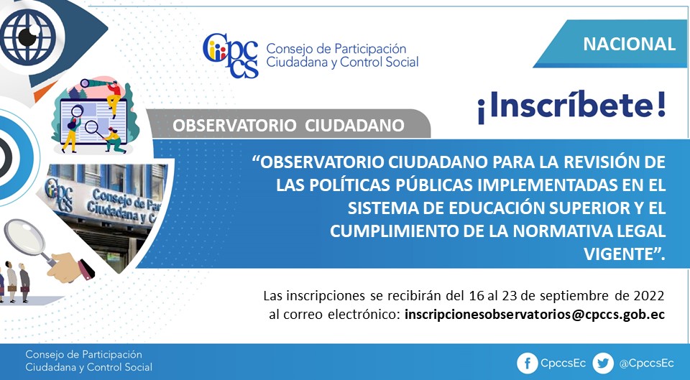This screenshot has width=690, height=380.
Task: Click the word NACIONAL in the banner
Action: (x=630, y=44)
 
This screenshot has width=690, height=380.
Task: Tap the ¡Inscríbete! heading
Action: (x=571, y=106)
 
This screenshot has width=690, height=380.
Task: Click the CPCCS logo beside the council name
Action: (x=230, y=56)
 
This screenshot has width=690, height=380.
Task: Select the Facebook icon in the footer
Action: (x=527, y=363)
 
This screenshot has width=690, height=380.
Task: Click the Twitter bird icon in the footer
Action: (x=602, y=363)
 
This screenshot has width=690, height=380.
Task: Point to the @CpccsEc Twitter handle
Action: (x=646, y=363)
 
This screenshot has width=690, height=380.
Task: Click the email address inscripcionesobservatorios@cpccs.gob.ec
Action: (x=534, y=315)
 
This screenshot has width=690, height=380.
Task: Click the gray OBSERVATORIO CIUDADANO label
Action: (x=288, y=125)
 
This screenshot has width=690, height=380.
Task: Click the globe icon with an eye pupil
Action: (x=28, y=37)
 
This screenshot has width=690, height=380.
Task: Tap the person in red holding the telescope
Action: (x=114, y=98)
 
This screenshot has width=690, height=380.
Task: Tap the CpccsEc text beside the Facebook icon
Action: (x=563, y=363)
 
